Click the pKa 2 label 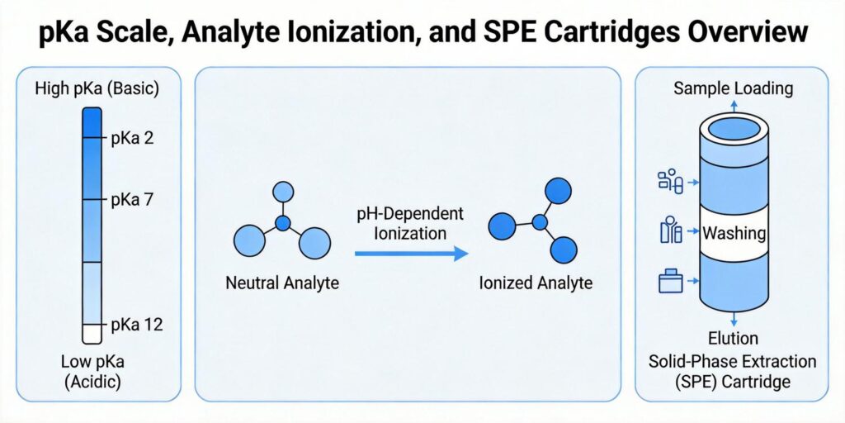tap(133, 138)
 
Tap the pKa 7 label tap(133, 200)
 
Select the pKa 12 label tap(136, 324)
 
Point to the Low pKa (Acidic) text tap(91, 372)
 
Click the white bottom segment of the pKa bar tap(92, 333)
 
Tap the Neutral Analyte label tap(282, 283)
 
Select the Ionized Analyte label tap(536, 283)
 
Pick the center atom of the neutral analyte tap(283, 224)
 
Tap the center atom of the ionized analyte tap(541, 222)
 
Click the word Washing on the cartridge tap(734, 234)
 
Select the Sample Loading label tap(734, 88)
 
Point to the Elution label tap(734, 339)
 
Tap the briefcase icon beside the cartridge tap(670, 283)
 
